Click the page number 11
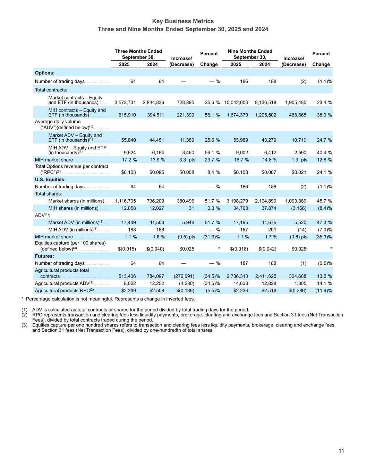[341, 451]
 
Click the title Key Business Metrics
[183, 21]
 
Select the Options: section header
[45, 73]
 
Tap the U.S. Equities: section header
[50, 179]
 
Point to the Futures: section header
[44, 256]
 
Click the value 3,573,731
[125, 103]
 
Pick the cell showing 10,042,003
[236, 103]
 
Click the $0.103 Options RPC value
[128, 172]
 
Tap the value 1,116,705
[125, 201]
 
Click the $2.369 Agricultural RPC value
[128, 291]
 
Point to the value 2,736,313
[237, 276]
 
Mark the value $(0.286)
[297, 291]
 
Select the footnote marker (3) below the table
[24, 325]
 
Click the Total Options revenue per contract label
[71, 166]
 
